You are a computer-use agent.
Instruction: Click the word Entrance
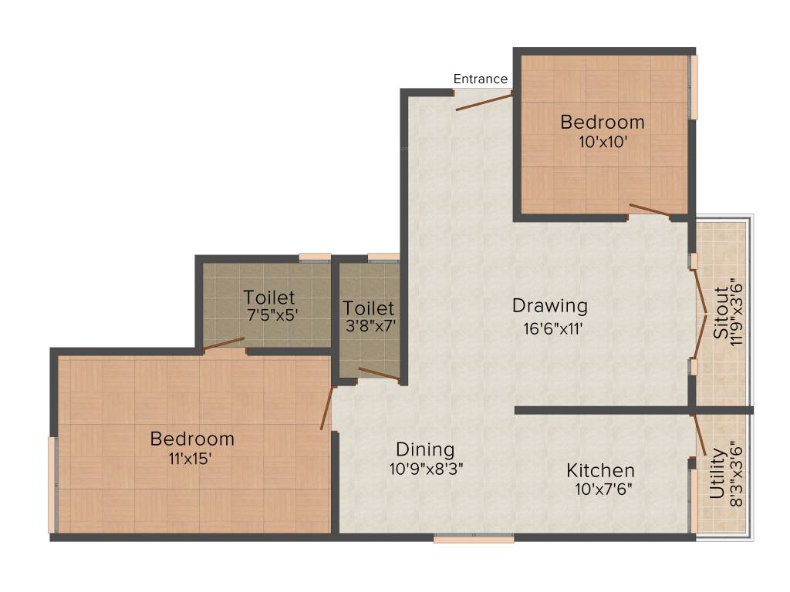tap(480, 79)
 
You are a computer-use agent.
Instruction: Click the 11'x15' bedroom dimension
tap(191, 458)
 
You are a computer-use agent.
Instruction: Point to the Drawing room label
tap(549, 306)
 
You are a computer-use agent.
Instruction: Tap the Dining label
tap(425, 449)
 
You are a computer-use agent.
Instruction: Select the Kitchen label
tap(600, 470)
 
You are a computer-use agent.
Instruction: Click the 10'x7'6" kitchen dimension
tap(603, 489)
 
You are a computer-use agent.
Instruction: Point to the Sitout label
tap(720, 314)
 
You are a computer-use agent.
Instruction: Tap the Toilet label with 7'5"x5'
tap(268, 297)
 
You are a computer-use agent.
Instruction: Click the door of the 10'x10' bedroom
tap(649, 209)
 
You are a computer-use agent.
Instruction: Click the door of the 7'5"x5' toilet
tap(225, 344)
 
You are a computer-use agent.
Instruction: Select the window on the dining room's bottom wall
tap(474, 539)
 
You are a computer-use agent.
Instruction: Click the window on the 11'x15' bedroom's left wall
tap(52, 485)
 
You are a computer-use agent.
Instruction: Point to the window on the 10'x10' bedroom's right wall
tap(694, 86)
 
